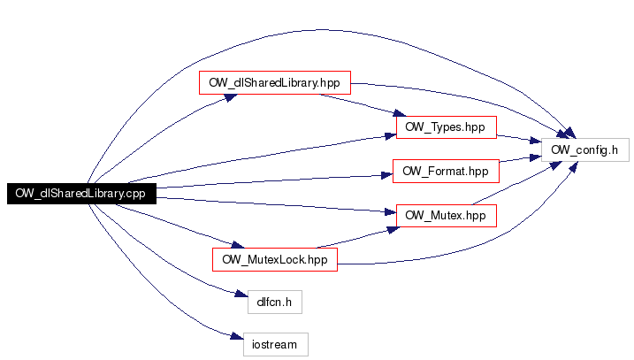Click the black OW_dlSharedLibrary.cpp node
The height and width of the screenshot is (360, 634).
(81, 194)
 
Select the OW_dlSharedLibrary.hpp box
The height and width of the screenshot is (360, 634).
(275, 82)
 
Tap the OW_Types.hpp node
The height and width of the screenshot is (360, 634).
(447, 127)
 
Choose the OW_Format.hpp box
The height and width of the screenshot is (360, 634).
(446, 171)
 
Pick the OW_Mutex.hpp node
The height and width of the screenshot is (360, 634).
(447, 215)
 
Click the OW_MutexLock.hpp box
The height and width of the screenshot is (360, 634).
(275, 259)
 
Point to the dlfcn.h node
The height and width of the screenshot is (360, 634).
(275, 302)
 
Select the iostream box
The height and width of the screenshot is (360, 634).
(276, 344)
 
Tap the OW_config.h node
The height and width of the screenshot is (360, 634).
(585, 150)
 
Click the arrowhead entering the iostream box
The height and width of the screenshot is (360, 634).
(237, 336)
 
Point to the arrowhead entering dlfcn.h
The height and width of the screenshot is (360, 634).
(241, 294)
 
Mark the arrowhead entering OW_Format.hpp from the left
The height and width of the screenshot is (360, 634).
(387, 175)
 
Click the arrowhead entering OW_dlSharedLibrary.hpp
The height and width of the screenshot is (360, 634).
(231, 97)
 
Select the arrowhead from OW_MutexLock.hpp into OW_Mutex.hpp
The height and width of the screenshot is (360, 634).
(393, 230)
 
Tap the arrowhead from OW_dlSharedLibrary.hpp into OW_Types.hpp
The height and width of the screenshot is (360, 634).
(399, 113)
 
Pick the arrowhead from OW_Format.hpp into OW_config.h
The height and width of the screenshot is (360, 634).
(536, 157)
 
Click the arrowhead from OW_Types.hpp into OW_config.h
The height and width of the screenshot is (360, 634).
(536, 141)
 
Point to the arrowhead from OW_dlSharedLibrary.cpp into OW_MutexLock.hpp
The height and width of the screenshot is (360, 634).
(238, 245)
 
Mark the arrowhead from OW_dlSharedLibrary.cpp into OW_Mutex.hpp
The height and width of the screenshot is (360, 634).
(391, 212)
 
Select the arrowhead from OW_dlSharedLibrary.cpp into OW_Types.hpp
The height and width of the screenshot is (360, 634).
(391, 136)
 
